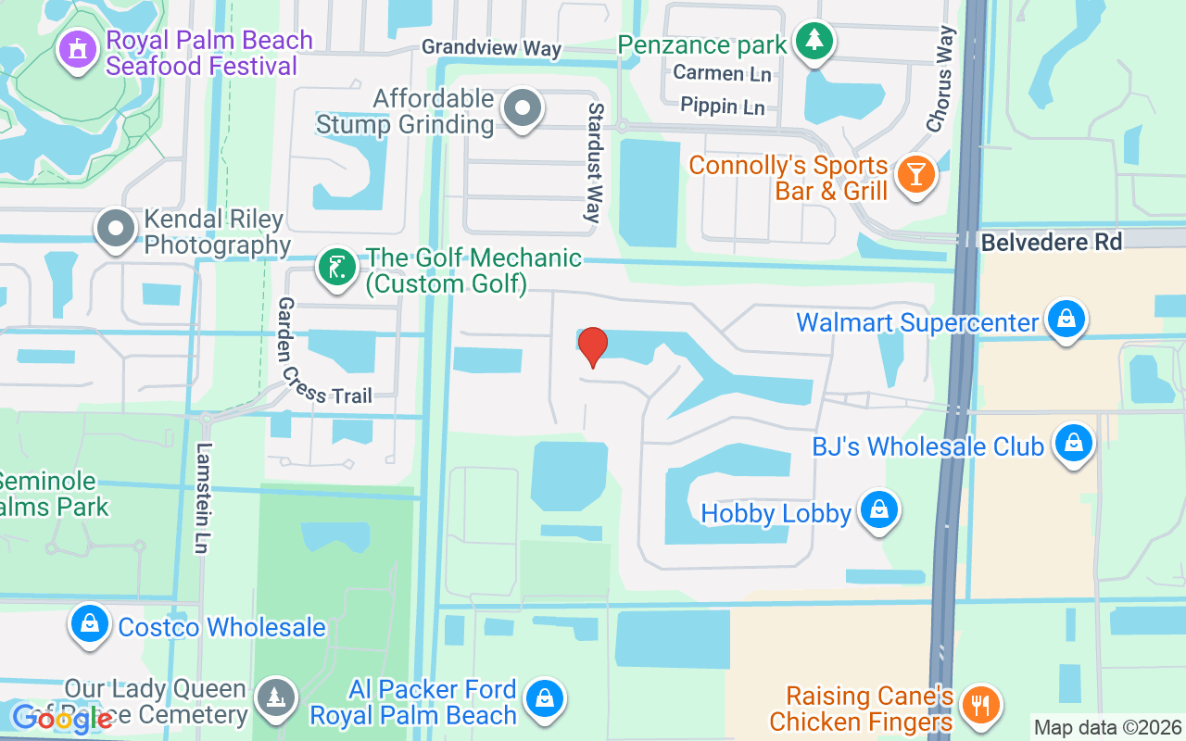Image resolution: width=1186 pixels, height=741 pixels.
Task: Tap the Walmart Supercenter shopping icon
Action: tap(1066, 320)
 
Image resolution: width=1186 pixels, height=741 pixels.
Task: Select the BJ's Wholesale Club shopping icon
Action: tap(1073, 445)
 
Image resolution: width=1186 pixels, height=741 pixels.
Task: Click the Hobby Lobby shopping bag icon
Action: tap(878, 511)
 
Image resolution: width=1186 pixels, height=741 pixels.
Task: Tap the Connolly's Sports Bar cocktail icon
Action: tap(916, 174)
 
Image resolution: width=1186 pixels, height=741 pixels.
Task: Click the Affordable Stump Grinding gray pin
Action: tap(523, 109)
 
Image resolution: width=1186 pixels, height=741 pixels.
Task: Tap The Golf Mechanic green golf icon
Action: tap(336, 269)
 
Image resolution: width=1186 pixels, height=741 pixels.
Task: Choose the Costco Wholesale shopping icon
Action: tap(91, 625)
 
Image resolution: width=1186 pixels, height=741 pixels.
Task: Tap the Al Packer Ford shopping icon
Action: tap(545, 699)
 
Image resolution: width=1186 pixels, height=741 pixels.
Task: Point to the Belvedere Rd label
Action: tap(1051, 243)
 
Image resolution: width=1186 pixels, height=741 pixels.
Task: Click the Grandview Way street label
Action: tap(491, 47)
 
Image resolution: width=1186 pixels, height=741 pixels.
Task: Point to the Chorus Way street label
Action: tap(940, 79)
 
